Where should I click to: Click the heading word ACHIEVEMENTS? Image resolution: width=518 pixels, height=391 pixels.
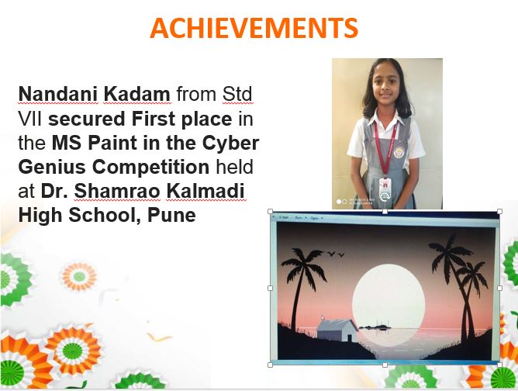pos(254,29)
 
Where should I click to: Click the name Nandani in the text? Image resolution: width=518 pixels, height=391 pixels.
pos(58,94)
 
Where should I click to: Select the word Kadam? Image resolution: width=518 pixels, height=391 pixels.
pos(137,94)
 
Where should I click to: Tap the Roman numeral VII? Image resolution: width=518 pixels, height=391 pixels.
pos(30,119)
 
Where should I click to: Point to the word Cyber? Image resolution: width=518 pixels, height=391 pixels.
pos(230,143)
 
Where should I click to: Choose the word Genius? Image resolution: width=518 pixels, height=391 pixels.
pos(52,167)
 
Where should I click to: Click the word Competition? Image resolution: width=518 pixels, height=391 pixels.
pos(150,168)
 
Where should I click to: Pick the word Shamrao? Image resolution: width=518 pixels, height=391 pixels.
pos(117,191)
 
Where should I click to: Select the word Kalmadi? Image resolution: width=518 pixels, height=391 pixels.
pos(205,191)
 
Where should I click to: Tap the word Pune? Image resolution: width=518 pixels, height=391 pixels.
pos(172,215)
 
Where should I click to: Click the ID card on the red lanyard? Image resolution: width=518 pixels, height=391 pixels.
pos(385,188)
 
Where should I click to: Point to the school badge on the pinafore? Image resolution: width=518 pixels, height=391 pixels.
pos(399,152)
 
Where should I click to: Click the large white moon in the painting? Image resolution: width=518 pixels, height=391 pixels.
pos(388,299)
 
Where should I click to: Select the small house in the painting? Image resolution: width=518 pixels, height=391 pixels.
pos(337,330)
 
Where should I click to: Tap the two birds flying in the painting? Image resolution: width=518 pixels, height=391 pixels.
pos(336,254)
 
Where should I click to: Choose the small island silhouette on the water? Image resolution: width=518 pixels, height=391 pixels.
pos(375,327)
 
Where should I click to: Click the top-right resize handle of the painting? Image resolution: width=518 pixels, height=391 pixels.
pos(499,212)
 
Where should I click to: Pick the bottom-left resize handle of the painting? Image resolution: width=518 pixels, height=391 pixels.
pos(270,365)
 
